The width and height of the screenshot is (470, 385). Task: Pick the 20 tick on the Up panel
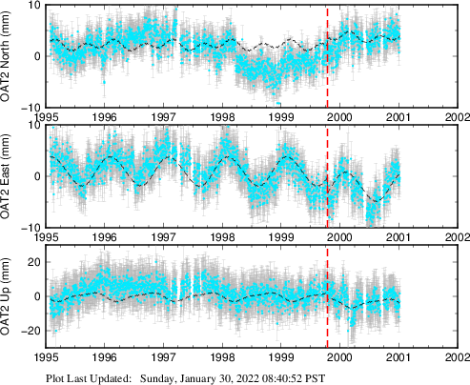[34, 262]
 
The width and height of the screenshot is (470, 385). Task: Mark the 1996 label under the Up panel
[106, 358]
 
